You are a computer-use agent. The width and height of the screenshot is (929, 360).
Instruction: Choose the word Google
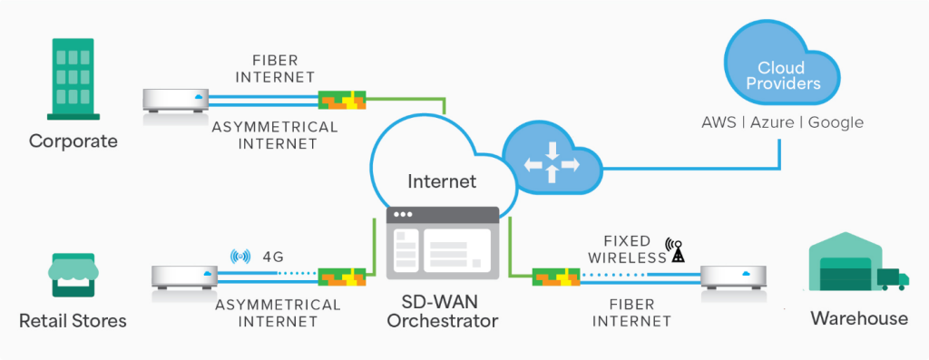pos(836,122)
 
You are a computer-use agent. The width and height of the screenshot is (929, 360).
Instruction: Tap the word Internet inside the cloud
pos(442,181)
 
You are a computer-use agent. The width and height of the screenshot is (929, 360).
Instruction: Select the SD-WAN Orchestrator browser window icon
pos(442,242)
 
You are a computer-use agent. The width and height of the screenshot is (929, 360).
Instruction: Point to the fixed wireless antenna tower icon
pos(675,250)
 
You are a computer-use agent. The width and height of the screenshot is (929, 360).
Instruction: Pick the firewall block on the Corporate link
pos(341,99)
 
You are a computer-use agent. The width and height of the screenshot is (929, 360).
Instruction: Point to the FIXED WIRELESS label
pos(627,249)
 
